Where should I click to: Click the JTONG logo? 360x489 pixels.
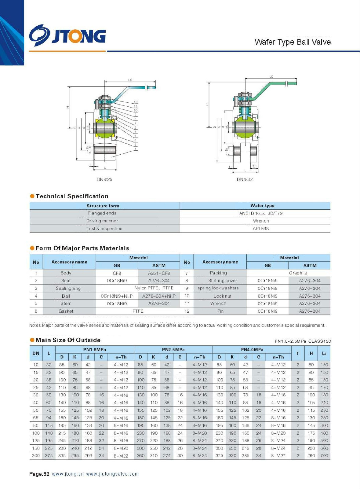point(67,35)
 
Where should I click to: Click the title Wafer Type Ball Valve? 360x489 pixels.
point(293,42)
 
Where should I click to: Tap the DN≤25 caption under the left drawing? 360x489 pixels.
point(104,179)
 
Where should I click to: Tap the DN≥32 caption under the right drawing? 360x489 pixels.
point(245,179)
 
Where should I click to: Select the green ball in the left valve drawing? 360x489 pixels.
point(105,128)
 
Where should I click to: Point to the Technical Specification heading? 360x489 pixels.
point(72,196)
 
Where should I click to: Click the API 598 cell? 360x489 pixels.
point(261,229)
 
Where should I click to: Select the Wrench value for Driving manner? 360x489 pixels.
point(261,221)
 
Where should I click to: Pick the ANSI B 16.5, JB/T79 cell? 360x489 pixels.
point(261,213)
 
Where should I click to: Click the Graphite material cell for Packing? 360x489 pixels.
point(298,273)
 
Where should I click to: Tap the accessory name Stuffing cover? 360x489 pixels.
point(223,281)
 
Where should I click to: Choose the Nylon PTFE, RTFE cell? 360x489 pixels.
point(154,288)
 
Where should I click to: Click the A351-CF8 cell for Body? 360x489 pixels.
point(159,273)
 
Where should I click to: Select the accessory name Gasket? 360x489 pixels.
point(66,311)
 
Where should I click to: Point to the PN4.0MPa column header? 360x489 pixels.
point(252,350)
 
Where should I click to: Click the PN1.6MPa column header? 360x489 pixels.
point(94,350)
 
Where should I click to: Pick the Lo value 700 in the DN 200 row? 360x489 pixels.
point(324,456)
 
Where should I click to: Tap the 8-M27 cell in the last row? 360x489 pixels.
point(278,456)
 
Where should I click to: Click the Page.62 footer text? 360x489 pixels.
point(39,474)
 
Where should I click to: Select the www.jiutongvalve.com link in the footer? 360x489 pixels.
point(112,474)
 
